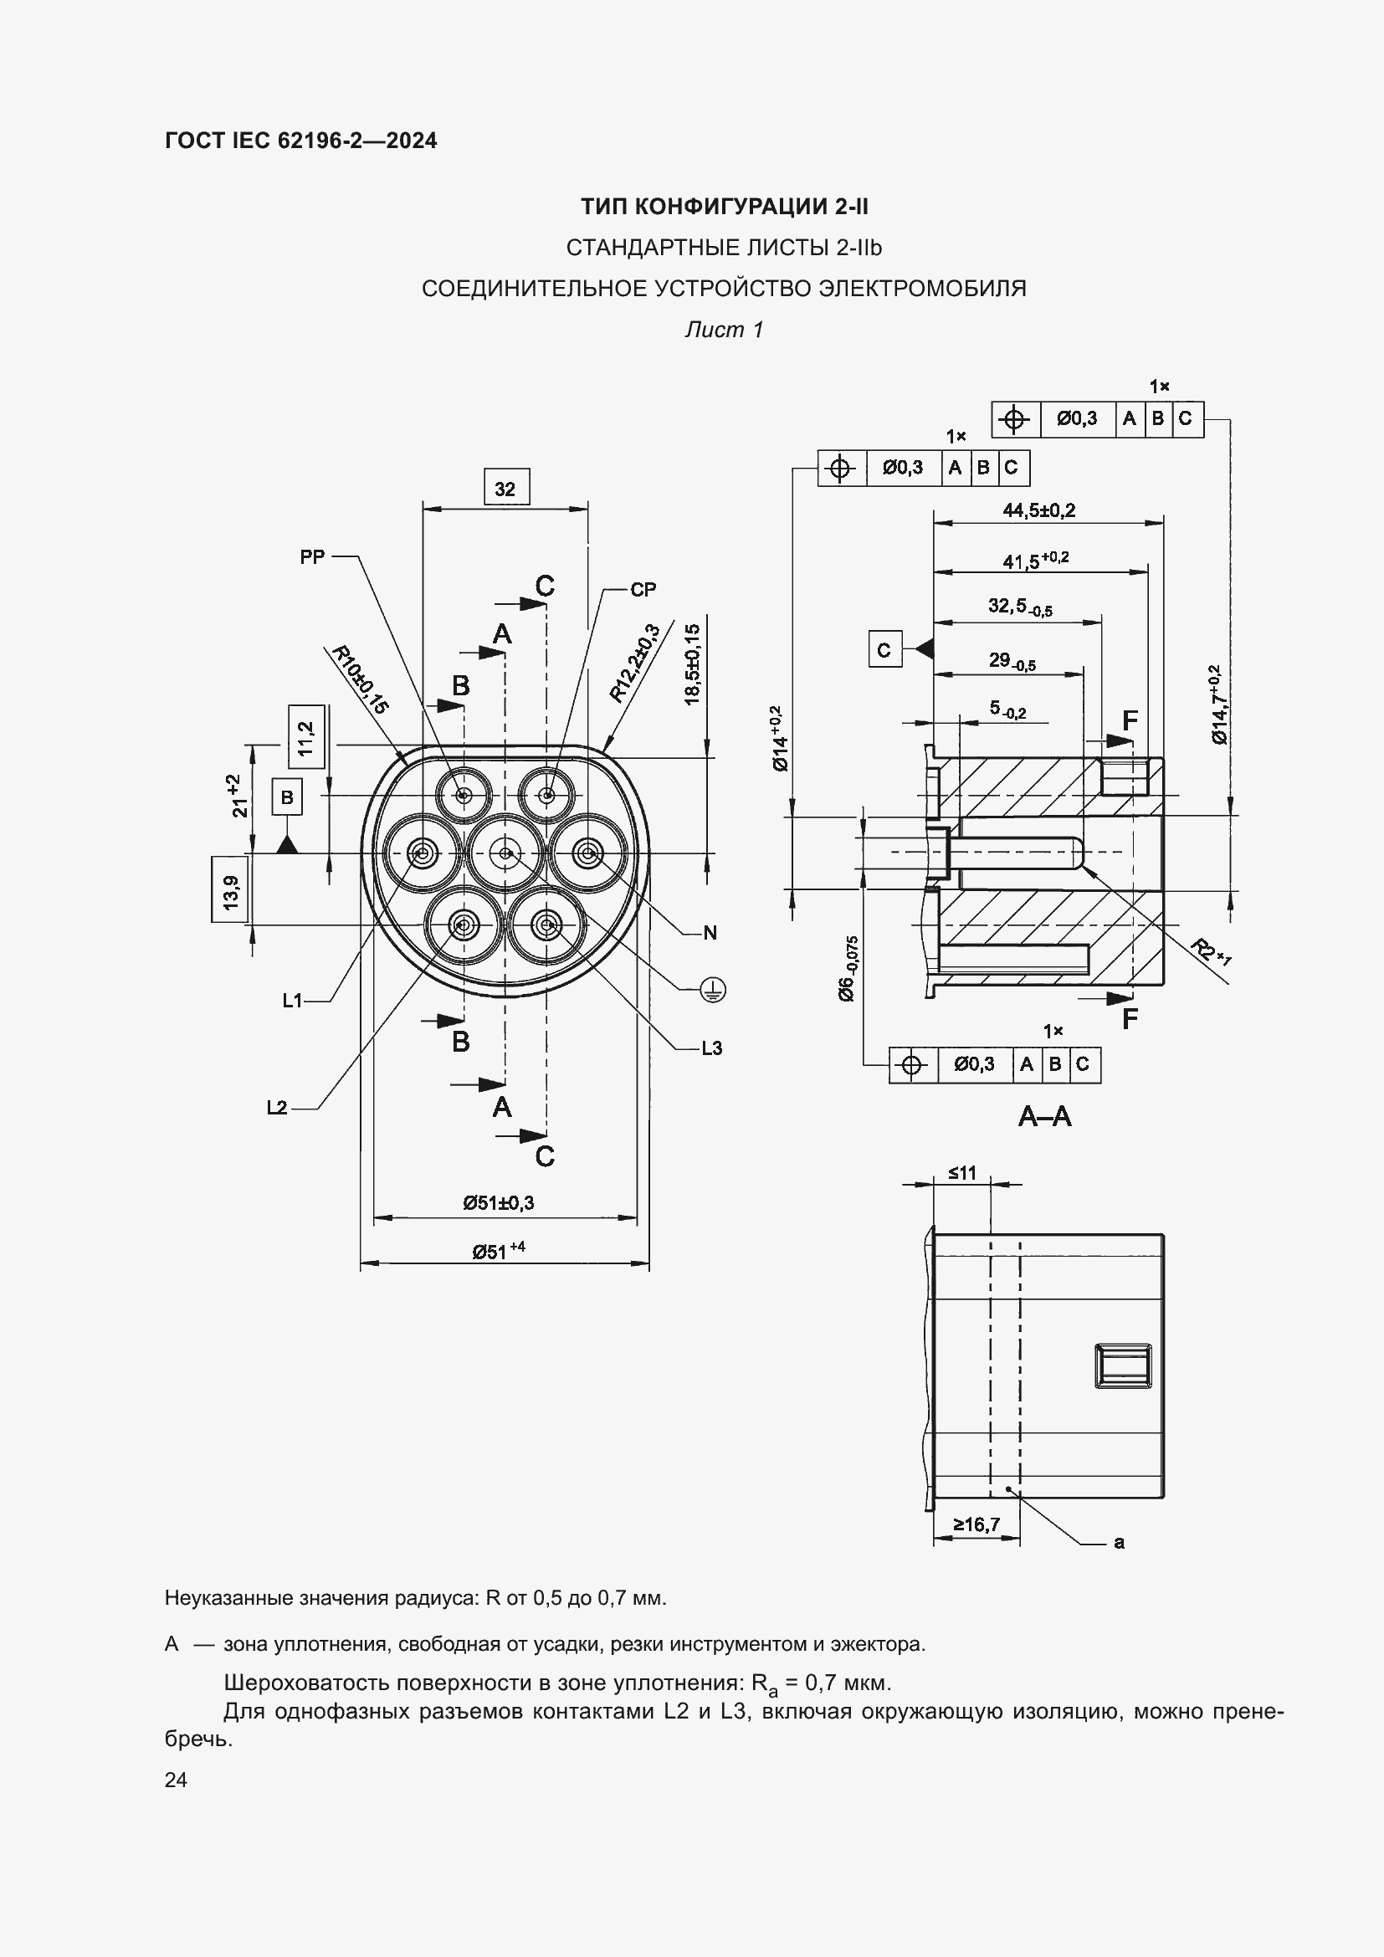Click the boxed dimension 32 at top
(505, 489)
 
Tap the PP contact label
(312, 556)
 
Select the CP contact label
(643, 589)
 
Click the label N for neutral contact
(710, 932)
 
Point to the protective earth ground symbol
(712, 990)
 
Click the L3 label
(711, 1048)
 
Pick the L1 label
(292, 1001)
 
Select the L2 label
(277, 1108)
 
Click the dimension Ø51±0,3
(499, 1202)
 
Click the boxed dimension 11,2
(307, 737)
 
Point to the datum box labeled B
(287, 797)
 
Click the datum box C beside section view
(884, 649)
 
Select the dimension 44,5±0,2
(1039, 510)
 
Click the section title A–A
(1044, 1116)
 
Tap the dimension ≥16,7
(976, 1524)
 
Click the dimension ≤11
(962, 1173)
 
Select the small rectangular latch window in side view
(1123, 1366)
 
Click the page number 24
(176, 1780)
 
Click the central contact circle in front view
(505, 853)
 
